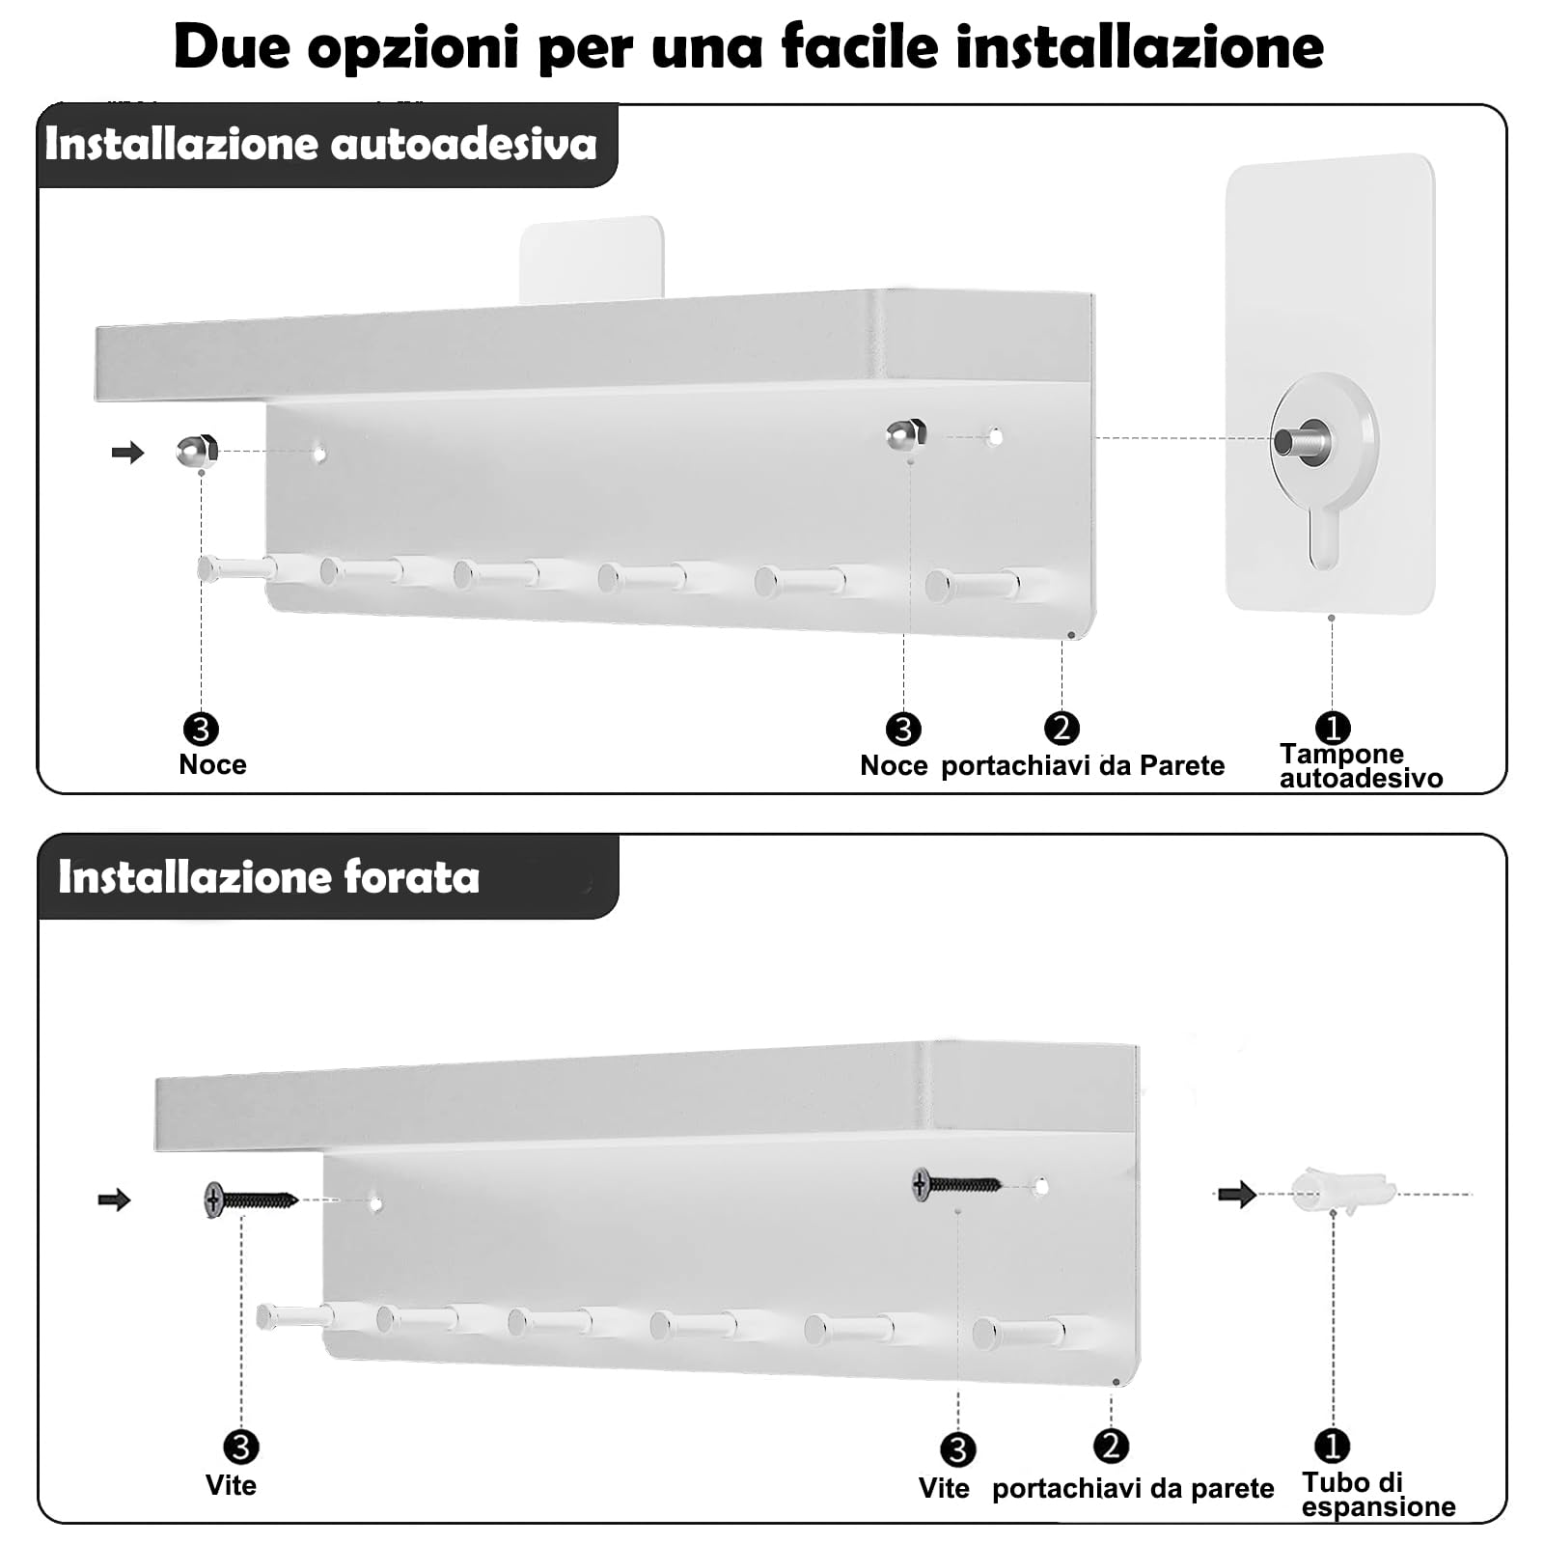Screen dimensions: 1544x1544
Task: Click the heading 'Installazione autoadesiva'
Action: point(320,145)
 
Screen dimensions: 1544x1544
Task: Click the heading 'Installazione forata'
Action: point(268,877)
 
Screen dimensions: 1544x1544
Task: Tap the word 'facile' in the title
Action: point(859,45)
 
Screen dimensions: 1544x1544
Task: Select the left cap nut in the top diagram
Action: point(197,451)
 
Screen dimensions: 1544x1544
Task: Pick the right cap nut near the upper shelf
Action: point(906,434)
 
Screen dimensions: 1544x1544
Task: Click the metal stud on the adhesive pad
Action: point(1302,440)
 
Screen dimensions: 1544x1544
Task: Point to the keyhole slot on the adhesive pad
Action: point(1324,540)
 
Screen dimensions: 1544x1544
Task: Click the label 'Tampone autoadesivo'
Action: point(1360,765)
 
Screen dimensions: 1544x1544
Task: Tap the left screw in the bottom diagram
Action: point(251,1200)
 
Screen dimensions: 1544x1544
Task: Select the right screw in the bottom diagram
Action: point(956,1184)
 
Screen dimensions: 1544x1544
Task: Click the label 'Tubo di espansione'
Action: point(1377,1494)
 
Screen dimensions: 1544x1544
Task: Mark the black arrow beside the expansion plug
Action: point(1236,1195)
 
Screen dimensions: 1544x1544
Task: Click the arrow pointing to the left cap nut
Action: point(127,452)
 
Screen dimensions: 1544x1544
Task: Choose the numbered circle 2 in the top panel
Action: point(1061,729)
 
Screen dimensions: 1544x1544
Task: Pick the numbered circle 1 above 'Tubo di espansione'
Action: point(1332,1446)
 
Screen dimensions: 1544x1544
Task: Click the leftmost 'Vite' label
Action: point(231,1485)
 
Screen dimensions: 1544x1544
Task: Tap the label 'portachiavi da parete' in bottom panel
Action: point(1132,1488)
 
